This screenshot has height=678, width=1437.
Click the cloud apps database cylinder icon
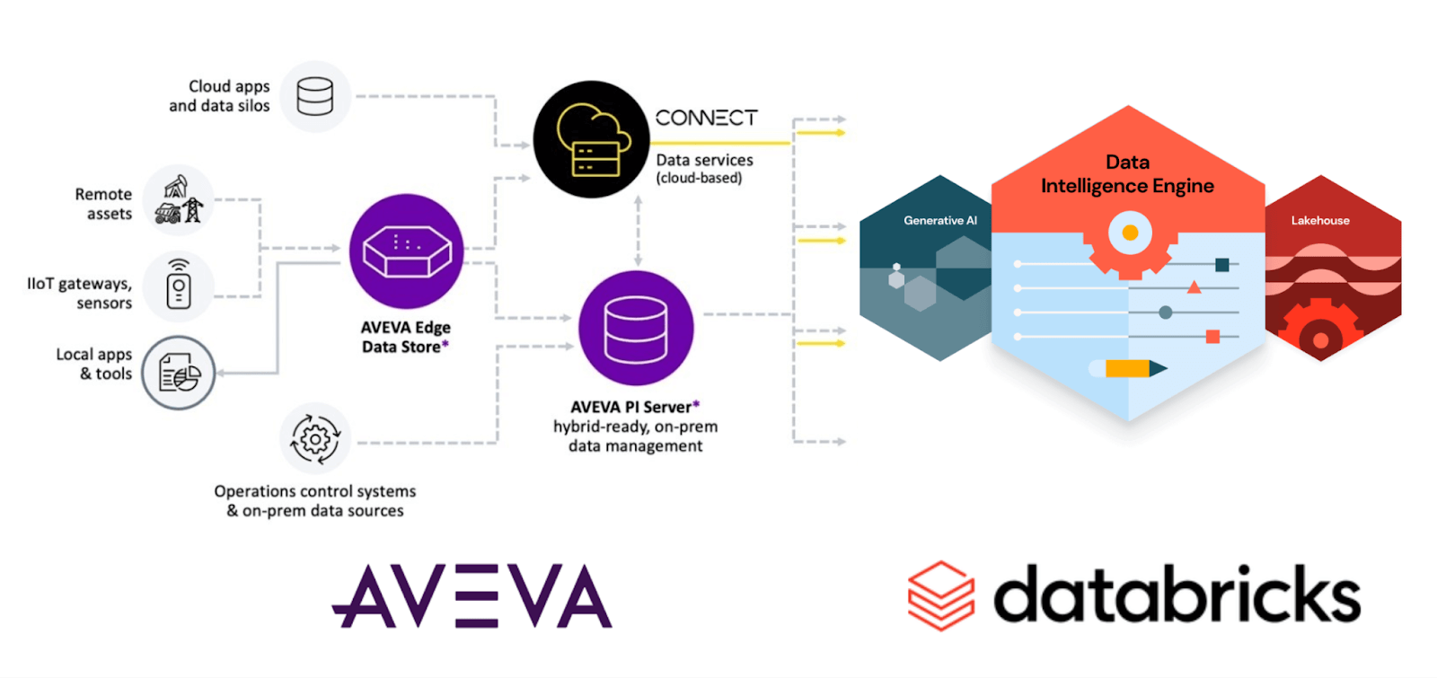[314, 96]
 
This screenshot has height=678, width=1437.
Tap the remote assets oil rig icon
[179, 199]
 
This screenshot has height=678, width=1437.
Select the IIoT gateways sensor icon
[179, 286]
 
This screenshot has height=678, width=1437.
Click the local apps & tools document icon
[179, 373]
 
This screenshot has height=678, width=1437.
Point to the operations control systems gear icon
[315, 439]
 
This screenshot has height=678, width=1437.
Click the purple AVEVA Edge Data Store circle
[406, 251]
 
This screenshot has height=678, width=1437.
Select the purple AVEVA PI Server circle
[636, 329]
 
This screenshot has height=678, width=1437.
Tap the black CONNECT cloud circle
[590, 139]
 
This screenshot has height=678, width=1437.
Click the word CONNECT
[706, 118]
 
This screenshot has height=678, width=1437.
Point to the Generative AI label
[939, 220]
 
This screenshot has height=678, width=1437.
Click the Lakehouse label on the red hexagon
[1319, 220]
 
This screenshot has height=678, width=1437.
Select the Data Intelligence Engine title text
[1127, 174]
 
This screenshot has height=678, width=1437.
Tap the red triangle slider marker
[1194, 287]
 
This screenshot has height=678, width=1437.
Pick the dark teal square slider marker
[1221, 264]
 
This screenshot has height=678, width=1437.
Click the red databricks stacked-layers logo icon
[940, 595]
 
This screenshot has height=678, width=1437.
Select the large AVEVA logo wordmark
[472, 596]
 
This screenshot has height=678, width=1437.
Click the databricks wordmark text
[1177, 594]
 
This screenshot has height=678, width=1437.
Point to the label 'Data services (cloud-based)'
[704, 168]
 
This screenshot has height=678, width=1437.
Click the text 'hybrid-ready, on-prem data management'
[635, 436]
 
